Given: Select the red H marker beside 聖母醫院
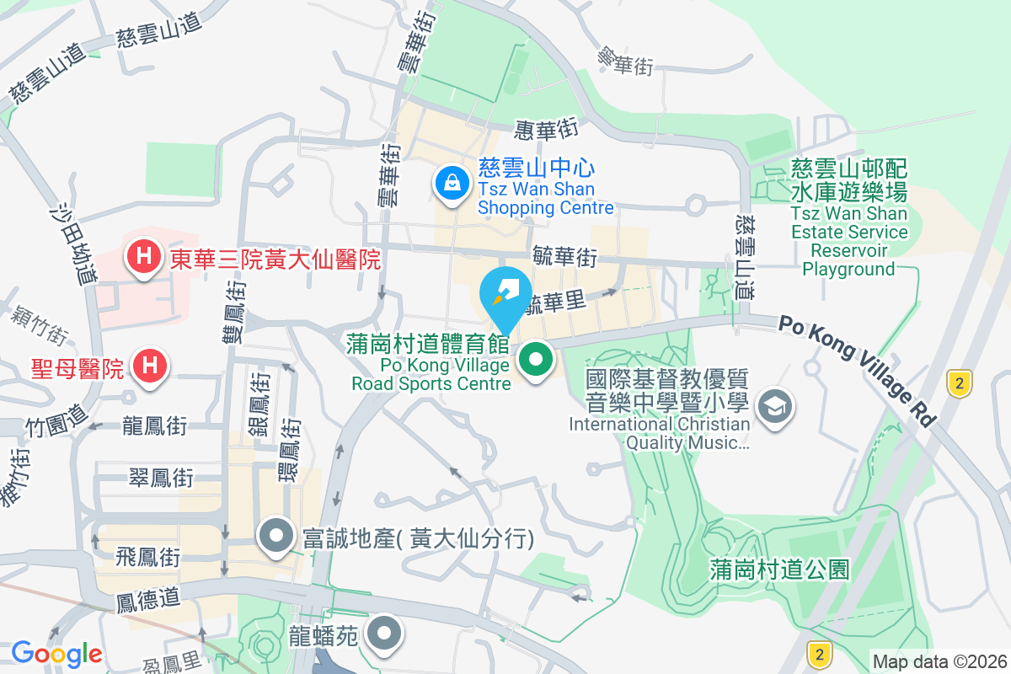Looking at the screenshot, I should point(149,366).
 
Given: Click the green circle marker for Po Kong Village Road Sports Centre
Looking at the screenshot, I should point(535,361).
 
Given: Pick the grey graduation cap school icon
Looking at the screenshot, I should point(771,408).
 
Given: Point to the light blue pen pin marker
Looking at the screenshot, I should point(505,295).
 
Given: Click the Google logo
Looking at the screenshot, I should point(56,653).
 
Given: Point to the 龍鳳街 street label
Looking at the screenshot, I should point(154,425).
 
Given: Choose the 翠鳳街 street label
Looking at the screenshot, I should point(161,479).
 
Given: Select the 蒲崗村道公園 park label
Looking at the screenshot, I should point(779,570).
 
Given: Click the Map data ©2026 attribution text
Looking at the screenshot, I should point(939,661).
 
